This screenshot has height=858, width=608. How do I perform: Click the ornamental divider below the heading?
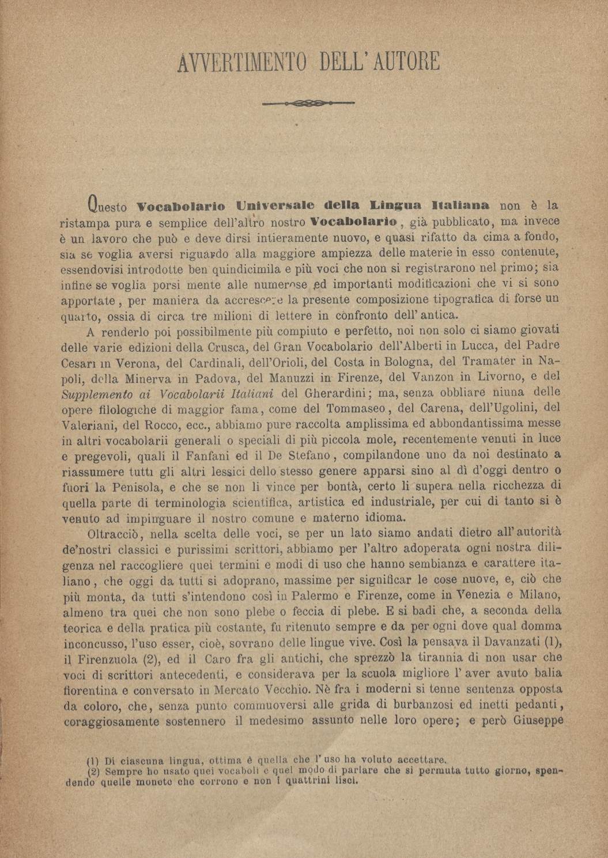click(307, 104)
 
